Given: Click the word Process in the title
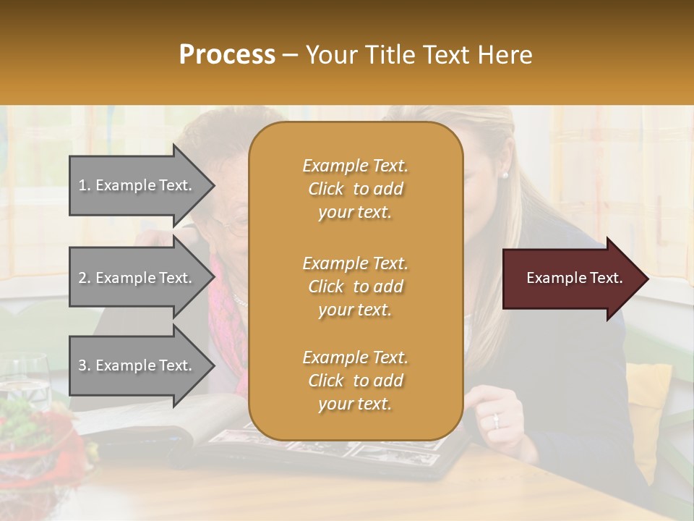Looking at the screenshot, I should pos(227,55).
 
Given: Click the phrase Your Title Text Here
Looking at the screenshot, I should pos(419,55).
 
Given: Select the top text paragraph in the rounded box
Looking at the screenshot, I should pos(355,189).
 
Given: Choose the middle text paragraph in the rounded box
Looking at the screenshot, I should pos(355,287).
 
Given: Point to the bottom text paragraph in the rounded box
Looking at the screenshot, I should pos(355,381).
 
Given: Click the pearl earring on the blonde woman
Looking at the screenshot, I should pos(504,174).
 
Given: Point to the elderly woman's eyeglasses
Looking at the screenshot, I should pos(231,227).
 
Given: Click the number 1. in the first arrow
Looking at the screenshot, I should pos(85,186).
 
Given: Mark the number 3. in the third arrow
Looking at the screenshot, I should pos(85,365).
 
